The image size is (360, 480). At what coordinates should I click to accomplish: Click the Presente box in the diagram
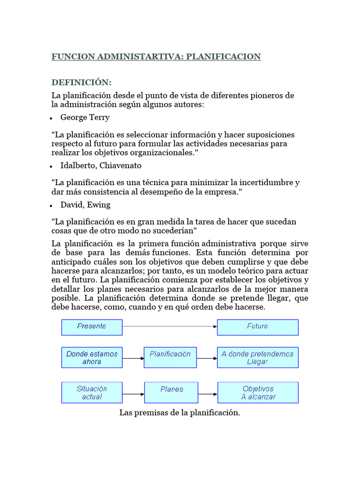pos(92,327)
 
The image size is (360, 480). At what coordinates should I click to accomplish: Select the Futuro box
pos(257,327)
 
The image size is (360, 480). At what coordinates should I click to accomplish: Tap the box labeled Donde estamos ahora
pos(92,358)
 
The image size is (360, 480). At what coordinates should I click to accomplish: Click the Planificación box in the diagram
pos(170,358)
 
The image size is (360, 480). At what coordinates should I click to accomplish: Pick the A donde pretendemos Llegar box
pos(257,358)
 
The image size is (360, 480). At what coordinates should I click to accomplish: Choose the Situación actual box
pos(92,393)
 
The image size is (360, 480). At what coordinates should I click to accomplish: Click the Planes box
pos(172,393)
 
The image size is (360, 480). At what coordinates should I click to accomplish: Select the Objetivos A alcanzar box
pos(257,393)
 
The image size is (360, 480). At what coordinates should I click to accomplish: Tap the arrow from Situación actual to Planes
pos(133,394)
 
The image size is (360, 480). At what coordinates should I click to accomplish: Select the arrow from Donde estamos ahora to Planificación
pos(133,359)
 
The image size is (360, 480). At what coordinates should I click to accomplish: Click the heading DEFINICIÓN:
pos(82,83)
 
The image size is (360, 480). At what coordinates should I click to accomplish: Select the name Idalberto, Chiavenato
pos(101,165)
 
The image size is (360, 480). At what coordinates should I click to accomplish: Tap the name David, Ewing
pos(85,205)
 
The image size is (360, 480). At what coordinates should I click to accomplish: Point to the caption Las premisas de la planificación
pos(180,413)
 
